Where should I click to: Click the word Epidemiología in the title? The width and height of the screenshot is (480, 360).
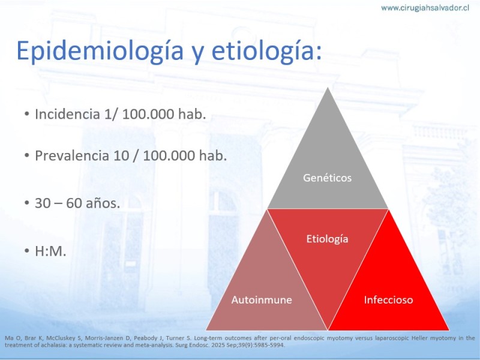(100, 51)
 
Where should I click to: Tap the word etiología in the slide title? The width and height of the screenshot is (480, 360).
(266, 51)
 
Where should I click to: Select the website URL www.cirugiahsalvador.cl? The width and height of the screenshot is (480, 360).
(425, 8)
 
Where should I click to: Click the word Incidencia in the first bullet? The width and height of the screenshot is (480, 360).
(67, 114)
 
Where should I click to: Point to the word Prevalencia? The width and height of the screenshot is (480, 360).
(72, 155)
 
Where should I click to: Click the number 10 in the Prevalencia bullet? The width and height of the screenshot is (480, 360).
(121, 155)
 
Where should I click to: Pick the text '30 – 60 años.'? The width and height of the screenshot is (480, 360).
(77, 203)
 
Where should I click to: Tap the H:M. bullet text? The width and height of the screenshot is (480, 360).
(50, 251)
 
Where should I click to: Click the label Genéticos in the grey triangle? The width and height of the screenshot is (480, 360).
(327, 178)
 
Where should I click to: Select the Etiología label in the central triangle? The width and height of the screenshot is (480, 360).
(327, 239)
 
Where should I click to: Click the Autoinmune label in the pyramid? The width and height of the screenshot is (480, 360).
(262, 299)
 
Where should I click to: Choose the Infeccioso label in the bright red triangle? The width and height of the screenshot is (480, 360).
(388, 299)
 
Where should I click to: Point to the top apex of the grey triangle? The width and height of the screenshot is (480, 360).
(328, 88)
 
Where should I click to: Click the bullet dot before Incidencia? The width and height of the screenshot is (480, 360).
(27, 115)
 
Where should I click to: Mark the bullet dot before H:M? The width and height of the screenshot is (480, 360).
(27, 251)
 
